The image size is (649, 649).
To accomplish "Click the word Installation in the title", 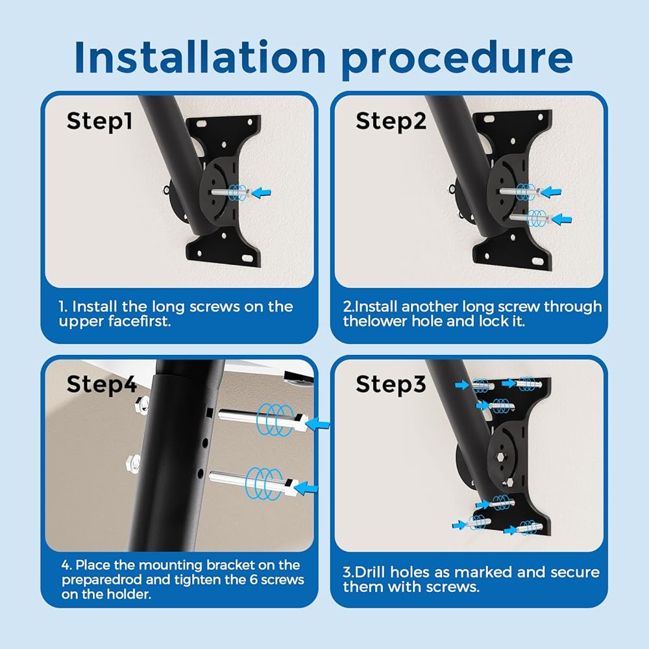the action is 201,57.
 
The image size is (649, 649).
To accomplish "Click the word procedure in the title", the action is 456,60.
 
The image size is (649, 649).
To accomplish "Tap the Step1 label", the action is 99,121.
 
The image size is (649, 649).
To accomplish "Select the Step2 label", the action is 391,121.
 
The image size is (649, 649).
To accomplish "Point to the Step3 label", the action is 391,384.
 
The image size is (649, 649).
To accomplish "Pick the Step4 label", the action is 101,384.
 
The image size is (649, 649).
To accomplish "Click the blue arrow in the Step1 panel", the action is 261,193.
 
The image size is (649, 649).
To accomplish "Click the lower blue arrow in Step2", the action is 561,219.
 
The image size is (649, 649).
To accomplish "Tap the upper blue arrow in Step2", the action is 551,191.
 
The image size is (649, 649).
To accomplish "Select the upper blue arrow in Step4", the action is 317,424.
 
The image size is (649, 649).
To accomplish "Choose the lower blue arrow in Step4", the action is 307,487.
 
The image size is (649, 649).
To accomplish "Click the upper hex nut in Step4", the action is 143,403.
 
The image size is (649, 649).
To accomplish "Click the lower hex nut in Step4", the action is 133,461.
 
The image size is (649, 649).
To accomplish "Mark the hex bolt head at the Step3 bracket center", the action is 501,457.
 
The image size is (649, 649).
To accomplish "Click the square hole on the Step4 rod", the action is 210,412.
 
